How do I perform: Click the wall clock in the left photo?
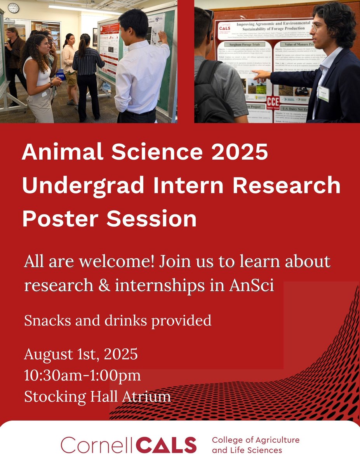tap(13, 7)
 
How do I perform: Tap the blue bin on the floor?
tap(60, 74)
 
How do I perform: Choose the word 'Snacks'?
tap(43, 321)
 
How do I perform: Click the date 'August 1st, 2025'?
tap(81, 354)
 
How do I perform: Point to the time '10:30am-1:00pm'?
tap(82, 376)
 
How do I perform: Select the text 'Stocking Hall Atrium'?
tap(97, 396)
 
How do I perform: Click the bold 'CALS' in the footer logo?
tap(167, 445)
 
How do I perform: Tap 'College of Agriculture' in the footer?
tap(255, 440)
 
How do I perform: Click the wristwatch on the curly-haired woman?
tap(50, 84)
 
